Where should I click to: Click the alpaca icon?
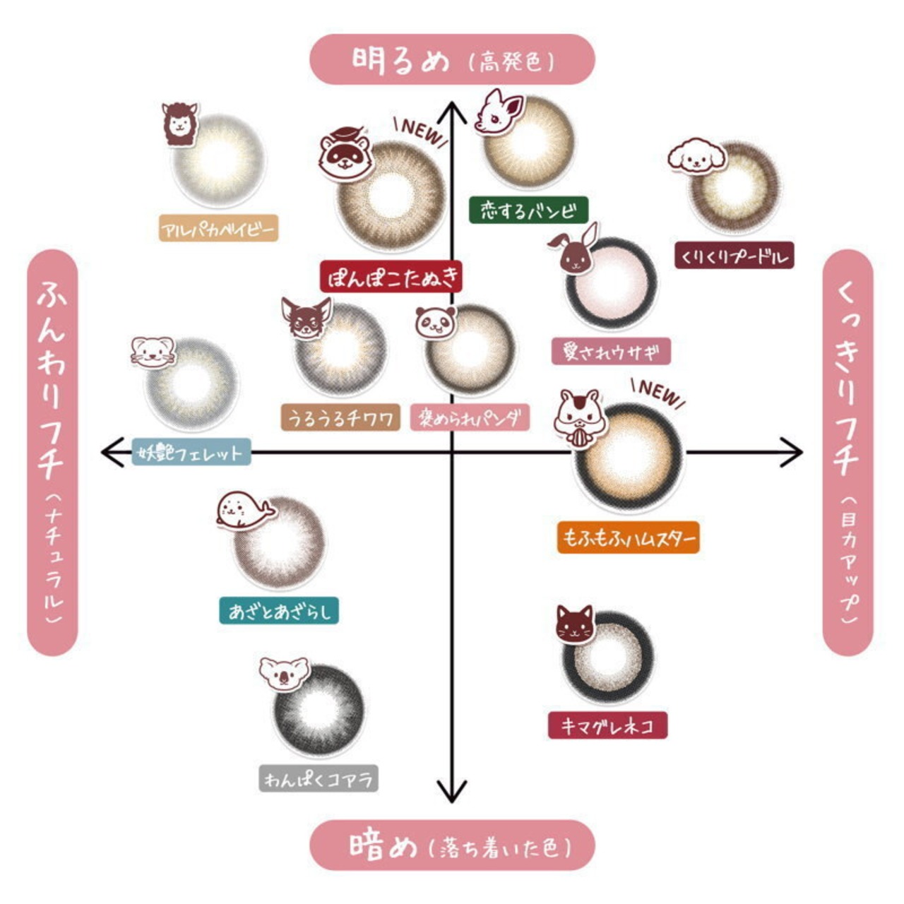pos(179,124)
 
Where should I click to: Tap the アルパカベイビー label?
pos(218,229)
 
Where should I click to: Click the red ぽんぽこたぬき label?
pos(391,277)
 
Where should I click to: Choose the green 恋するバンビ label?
pos(528,210)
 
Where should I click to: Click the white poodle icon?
pos(696,156)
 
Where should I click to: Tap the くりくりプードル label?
pos(734,256)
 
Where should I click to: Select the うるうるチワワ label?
pos(340,418)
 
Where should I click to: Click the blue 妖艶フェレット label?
pos(191,452)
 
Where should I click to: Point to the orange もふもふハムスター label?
pos(628,537)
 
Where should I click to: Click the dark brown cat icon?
pos(574,623)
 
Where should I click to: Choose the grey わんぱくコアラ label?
pos(319,779)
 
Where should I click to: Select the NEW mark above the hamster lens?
pos(659,393)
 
